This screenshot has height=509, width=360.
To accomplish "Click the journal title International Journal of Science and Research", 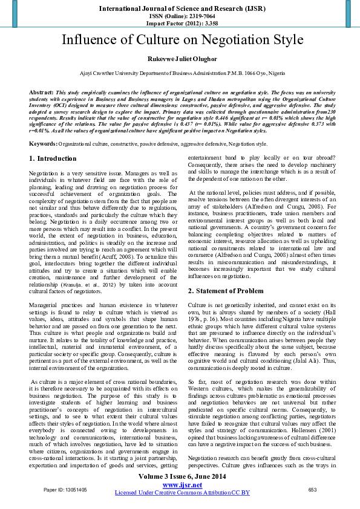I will [179, 9].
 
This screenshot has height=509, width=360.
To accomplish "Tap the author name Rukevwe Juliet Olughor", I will [180, 59].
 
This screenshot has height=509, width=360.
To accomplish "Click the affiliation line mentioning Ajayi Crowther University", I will [180, 73].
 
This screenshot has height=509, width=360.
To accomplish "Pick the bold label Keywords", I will [43, 144].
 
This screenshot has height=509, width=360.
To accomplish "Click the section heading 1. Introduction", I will [53, 158].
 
